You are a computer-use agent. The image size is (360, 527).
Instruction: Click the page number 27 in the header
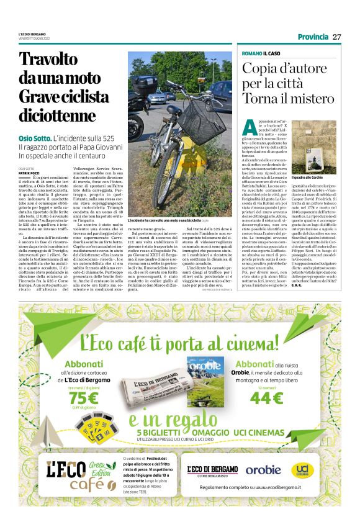(x=337, y=37)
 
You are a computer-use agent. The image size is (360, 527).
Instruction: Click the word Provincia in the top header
(x=312, y=37)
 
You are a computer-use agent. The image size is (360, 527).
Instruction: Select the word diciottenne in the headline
(x=56, y=115)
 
